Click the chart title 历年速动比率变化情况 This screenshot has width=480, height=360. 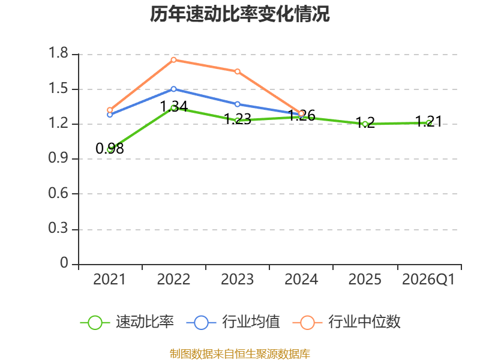(239, 14)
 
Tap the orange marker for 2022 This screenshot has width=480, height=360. (173, 59)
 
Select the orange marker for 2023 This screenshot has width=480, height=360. (237, 71)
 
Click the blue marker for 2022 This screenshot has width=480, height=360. (173, 89)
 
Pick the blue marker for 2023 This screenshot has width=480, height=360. (237, 104)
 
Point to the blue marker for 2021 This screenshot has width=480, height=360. (110, 115)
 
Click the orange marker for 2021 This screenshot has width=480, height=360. (110, 110)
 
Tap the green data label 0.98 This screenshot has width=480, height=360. (110, 148)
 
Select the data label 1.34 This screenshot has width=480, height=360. (173, 107)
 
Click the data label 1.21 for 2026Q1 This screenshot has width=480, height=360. (428, 122)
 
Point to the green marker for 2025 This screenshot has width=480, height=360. (365, 124)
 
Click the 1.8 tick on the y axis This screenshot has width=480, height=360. (58, 53)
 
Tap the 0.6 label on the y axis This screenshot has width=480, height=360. (58, 193)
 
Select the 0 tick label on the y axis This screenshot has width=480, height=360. (64, 263)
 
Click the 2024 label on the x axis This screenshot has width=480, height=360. (301, 280)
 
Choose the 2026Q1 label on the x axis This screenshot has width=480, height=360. (428, 280)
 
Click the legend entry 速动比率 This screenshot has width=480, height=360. (127, 322)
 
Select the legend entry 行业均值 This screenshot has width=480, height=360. (233, 322)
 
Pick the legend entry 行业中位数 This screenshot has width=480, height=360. (347, 322)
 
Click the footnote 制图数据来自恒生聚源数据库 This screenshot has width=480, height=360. (240, 354)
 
